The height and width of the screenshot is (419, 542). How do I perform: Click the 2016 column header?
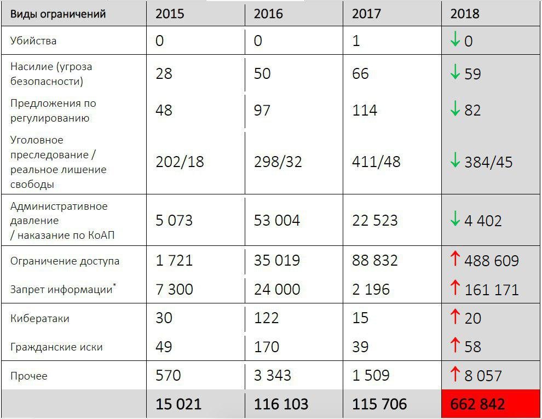(x=268, y=14)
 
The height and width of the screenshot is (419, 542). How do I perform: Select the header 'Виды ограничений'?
(x=57, y=14)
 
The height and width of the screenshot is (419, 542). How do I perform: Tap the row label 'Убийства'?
(x=33, y=41)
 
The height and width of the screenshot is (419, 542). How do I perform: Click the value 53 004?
(x=277, y=220)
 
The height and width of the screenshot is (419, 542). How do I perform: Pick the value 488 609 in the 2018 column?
(x=492, y=261)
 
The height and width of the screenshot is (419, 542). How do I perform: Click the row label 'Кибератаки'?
(x=40, y=318)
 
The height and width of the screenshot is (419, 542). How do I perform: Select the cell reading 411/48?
(x=376, y=162)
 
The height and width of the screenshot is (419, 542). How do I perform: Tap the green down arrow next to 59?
(x=455, y=72)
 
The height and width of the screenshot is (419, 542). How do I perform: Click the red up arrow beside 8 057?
(x=455, y=374)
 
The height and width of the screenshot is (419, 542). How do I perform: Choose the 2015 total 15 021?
(x=178, y=404)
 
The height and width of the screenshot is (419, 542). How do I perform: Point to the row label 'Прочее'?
(x=28, y=376)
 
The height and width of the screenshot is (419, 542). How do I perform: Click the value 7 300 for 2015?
(x=174, y=289)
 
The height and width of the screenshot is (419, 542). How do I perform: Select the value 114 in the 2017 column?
(x=364, y=110)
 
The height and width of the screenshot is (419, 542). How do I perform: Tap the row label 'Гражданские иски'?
(x=56, y=347)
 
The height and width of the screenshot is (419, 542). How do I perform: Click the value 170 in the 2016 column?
(x=267, y=347)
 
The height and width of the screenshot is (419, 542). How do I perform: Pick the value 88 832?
(x=375, y=260)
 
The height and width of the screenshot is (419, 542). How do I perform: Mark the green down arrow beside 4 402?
(x=455, y=219)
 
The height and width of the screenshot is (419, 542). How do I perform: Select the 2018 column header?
(x=465, y=14)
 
